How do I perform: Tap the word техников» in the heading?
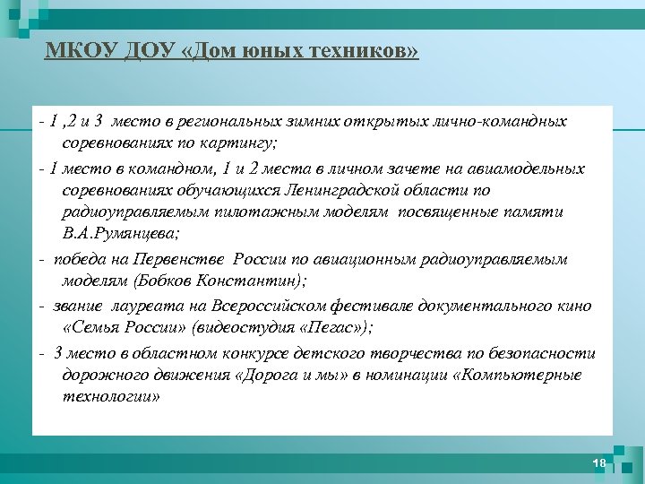370,51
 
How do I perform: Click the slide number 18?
599,462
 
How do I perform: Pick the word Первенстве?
180,259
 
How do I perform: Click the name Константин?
259,281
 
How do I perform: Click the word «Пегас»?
321,328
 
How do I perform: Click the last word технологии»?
111,398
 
